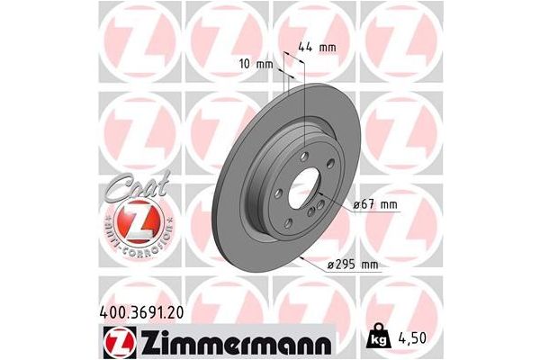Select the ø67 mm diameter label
(374, 205)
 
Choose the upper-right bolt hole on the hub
(329, 164)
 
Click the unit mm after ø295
(368, 263)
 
